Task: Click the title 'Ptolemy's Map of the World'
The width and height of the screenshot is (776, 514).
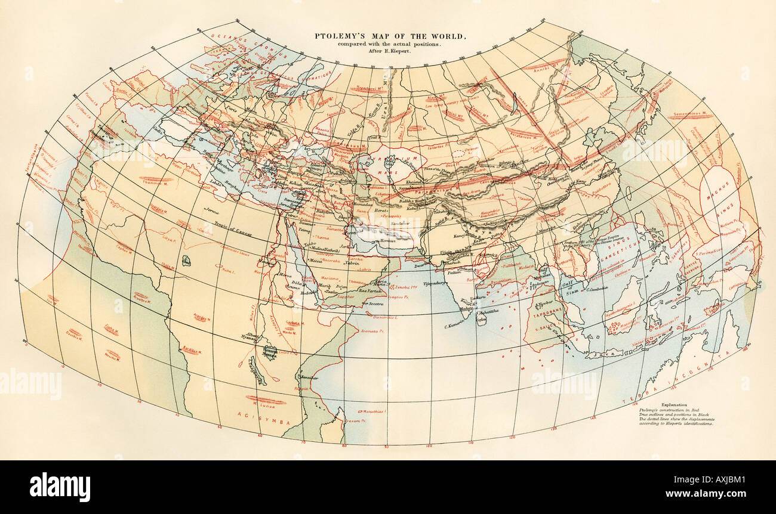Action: (x=390, y=36)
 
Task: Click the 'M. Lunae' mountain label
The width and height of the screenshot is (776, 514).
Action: (x=261, y=405)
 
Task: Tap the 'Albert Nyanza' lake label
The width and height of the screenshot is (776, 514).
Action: (x=252, y=338)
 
